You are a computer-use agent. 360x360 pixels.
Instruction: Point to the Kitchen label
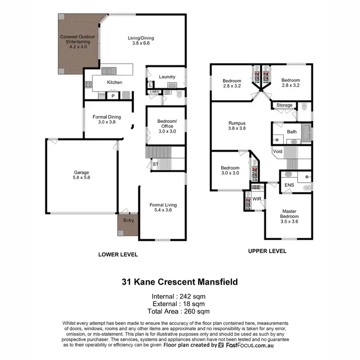tap(114, 83)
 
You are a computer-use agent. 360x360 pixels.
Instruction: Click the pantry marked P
tap(113, 96)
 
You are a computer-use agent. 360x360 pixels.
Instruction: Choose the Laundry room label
tap(167, 77)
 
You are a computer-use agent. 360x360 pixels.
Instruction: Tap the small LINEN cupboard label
tap(154, 91)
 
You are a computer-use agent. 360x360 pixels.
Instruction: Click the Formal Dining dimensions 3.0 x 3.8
tap(107, 122)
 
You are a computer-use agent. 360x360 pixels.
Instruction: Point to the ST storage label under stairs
tap(155, 164)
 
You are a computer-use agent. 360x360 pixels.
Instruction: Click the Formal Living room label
tap(163, 205)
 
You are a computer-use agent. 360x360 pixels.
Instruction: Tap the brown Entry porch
tap(128, 223)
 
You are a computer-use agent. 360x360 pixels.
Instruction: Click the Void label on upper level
tap(277, 152)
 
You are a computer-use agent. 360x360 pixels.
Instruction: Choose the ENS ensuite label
tap(289, 185)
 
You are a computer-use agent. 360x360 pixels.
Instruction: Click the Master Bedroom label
tap(289, 214)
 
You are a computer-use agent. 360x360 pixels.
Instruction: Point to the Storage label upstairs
tap(284, 105)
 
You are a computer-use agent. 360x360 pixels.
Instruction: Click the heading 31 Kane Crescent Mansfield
tap(180, 282)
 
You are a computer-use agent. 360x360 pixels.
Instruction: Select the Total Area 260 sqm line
tap(180, 311)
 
